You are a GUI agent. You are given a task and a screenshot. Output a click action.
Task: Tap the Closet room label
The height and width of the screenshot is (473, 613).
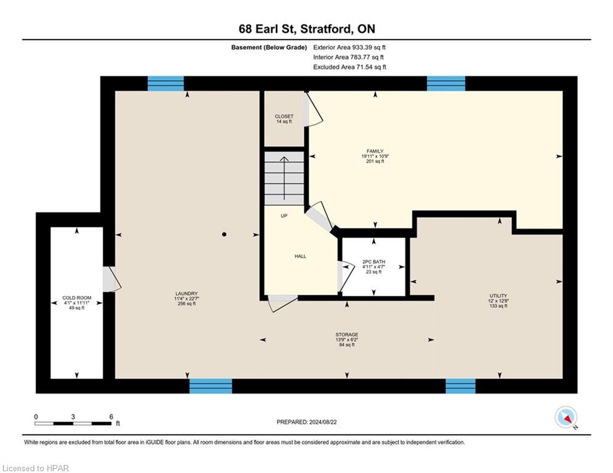point(284,116)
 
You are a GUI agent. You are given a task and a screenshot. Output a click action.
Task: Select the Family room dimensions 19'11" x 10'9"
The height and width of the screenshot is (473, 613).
point(375,156)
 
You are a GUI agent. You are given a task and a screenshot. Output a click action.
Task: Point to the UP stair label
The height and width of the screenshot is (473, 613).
point(284,216)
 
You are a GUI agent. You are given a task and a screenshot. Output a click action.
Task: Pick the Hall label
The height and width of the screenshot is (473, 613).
point(300,256)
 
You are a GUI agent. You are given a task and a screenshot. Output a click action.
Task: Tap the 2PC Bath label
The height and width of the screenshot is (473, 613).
point(374,262)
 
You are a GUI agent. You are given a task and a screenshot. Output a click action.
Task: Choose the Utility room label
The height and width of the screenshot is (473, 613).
point(498,296)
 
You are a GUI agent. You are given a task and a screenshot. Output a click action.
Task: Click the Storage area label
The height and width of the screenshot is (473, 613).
point(347,334)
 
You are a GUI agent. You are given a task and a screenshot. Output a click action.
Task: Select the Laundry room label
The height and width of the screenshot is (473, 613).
point(187,294)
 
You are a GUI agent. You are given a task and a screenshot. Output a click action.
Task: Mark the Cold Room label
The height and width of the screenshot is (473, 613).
point(76,298)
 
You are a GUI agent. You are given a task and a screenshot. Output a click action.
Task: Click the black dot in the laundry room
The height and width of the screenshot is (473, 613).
point(224,235)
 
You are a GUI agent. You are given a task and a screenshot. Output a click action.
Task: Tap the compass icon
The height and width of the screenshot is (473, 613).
point(566,418)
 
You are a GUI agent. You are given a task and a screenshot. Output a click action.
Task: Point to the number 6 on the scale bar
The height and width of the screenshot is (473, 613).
point(112,417)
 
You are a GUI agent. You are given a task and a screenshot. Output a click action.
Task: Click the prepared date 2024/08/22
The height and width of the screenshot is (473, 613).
point(323,422)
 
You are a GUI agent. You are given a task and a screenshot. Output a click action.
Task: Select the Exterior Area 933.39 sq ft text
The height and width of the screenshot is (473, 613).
point(349,47)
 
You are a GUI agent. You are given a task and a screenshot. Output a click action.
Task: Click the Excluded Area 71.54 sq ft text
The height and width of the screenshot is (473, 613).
point(349,67)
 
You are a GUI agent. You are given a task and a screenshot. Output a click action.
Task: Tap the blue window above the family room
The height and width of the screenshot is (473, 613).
point(446,84)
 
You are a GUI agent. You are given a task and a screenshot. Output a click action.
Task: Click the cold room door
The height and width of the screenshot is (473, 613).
point(112,279)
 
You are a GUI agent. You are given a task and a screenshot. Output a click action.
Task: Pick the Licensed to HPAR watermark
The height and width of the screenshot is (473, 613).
point(36,468)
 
